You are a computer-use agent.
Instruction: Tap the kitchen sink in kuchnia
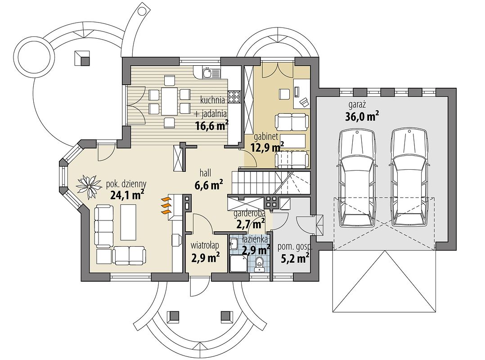[x=207, y=73]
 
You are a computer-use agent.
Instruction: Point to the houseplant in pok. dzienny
[x=89, y=186]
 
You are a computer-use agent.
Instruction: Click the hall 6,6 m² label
[x=209, y=180]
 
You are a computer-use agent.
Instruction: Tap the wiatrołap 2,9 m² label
[x=205, y=252]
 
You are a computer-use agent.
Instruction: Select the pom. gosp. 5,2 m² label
[x=295, y=253]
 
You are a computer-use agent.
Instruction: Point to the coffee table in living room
[x=128, y=221]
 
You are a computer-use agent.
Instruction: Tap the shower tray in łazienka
[x=239, y=263]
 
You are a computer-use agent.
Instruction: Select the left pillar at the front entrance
[x=174, y=315]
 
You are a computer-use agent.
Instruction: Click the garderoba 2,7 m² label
[x=250, y=219]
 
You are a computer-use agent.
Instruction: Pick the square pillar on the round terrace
[x=82, y=58]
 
